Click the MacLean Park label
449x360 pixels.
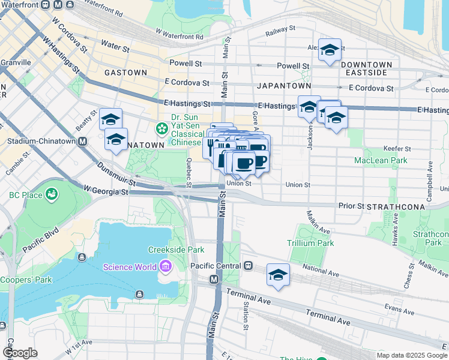coord(381,160)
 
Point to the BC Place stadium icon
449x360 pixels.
coord(52,194)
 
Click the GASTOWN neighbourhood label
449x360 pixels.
coord(125,72)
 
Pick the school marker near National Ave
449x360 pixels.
coord(278,274)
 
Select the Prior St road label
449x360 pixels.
coord(351,206)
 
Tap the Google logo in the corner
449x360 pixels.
coord(20,353)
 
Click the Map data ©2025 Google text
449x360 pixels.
coord(411,355)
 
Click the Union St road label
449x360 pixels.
coord(298,184)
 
